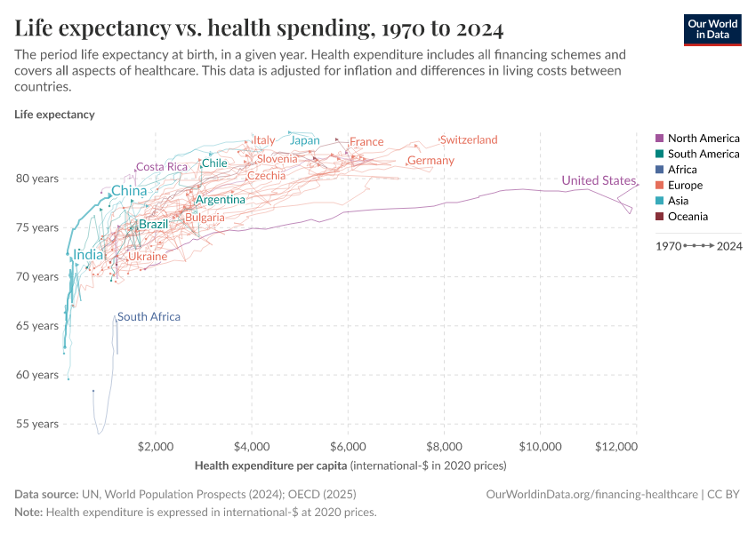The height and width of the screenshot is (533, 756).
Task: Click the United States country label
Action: click(599, 181)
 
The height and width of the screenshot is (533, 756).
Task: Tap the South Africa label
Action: click(149, 317)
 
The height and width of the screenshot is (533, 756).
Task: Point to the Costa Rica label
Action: click(162, 167)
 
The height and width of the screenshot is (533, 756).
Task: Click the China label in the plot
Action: click(129, 191)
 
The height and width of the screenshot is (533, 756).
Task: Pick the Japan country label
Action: click(305, 140)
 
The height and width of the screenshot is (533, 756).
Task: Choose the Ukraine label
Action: click(148, 257)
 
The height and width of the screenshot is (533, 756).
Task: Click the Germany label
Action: click(430, 161)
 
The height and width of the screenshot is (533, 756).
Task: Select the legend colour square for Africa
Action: click(659, 170)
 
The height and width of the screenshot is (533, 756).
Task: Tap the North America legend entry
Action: click(703, 139)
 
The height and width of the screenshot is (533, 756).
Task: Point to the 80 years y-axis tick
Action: click(37, 179)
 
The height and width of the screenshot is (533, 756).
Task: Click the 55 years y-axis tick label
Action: click(37, 424)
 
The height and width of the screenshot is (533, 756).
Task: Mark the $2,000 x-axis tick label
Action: click(157, 445)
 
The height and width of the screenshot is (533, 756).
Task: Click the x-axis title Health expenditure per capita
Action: click(270, 465)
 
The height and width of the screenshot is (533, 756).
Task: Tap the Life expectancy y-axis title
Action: click(54, 115)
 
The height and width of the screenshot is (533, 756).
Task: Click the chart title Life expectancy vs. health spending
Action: click(259, 29)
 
